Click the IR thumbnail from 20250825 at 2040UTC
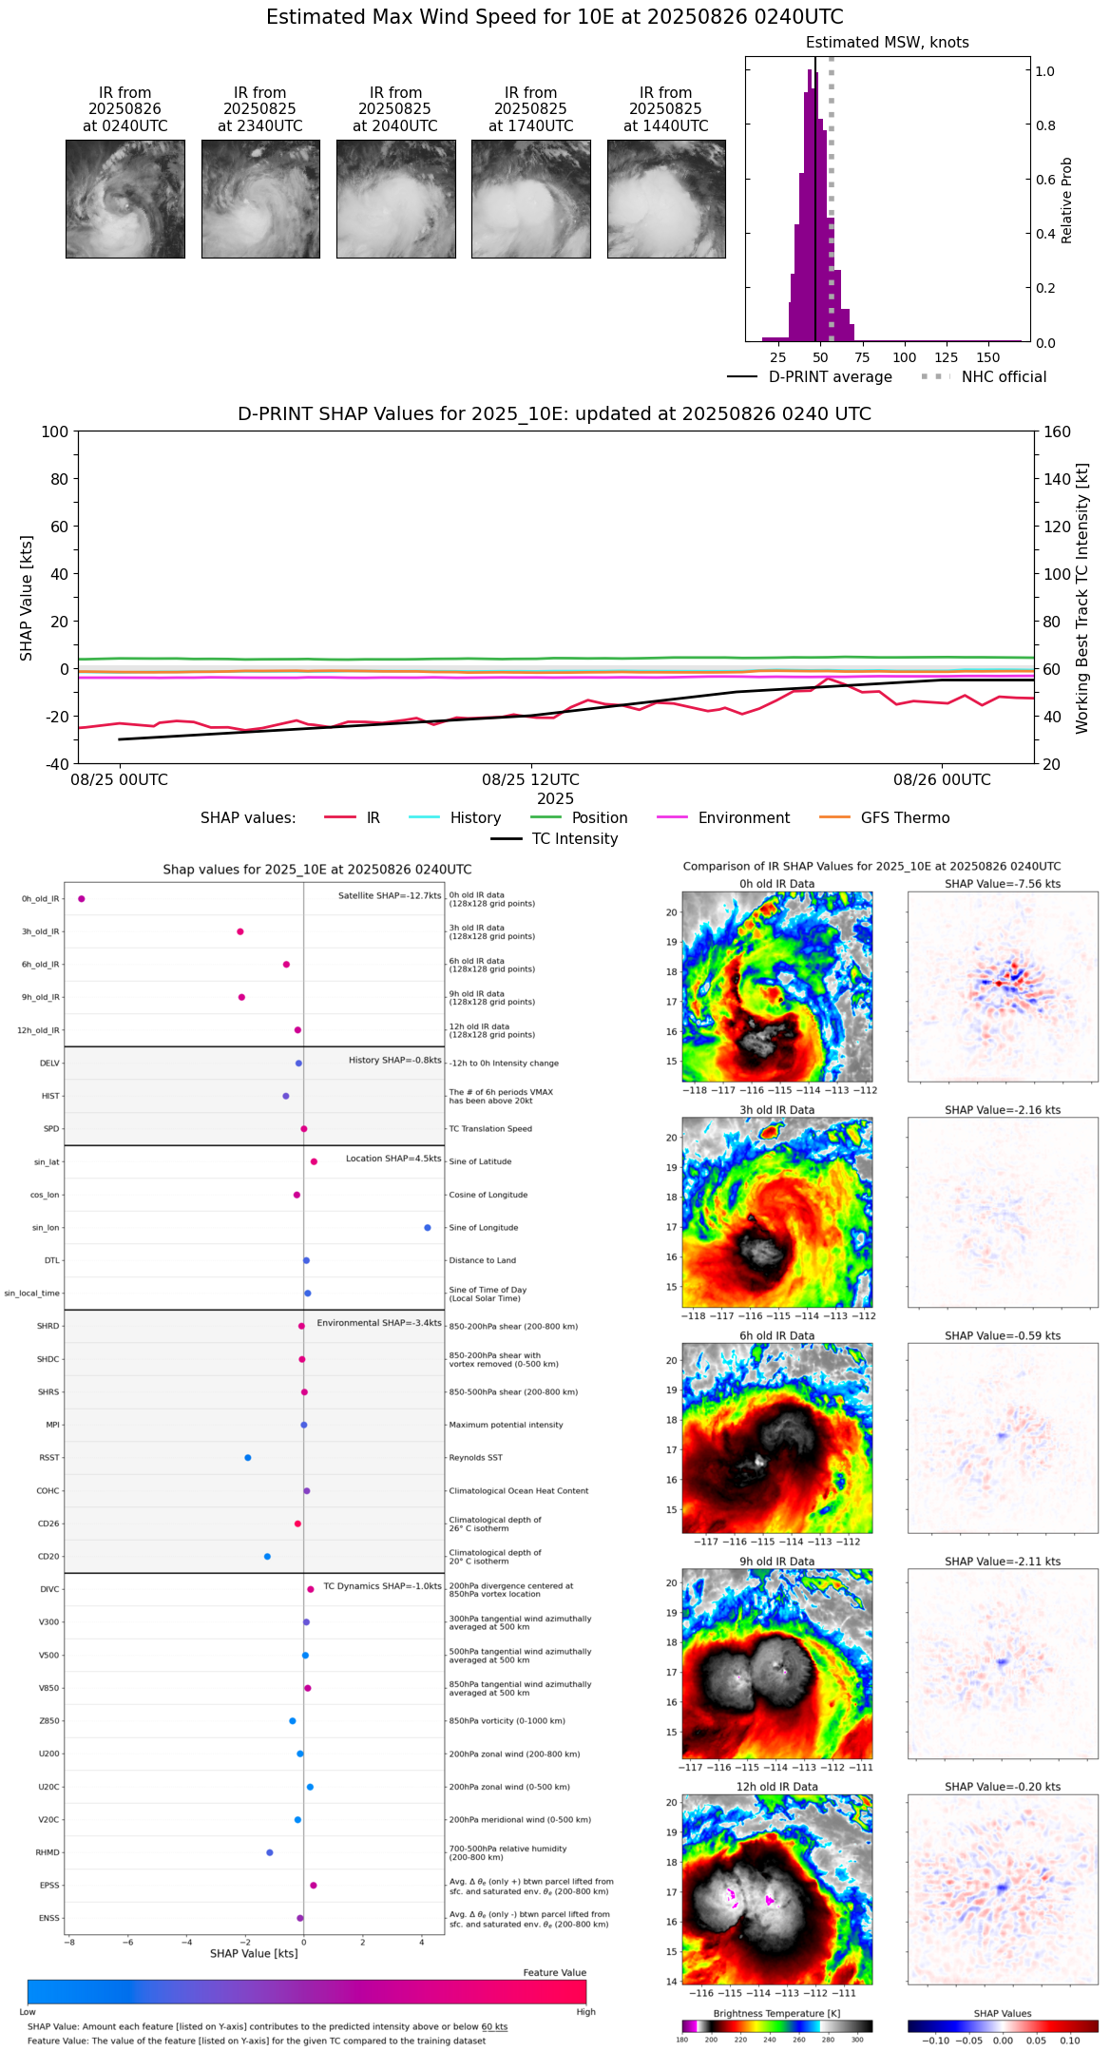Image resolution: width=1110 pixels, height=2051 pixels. click(x=395, y=199)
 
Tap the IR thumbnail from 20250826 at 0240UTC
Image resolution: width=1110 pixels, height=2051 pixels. click(x=124, y=199)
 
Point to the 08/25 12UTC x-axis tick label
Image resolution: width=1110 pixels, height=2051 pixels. click(x=530, y=780)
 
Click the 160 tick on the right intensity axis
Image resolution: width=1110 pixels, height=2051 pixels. click(x=1057, y=431)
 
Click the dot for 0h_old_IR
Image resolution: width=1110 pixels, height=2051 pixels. click(x=82, y=899)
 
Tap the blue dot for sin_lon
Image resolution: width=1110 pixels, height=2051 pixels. click(x=428, y=1228)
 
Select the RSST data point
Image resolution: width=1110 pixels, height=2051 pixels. click(x=248, y=1458)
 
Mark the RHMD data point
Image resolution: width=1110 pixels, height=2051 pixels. click(x=270, y=1852)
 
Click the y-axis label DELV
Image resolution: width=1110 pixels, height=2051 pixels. click(x=49, y=1064)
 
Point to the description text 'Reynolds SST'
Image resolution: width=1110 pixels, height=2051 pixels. click(x=475, y=1458)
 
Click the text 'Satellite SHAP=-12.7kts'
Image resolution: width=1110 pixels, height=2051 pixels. click(x=390, y=896)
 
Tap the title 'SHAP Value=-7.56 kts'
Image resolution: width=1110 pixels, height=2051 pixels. click(x=1003, y=884)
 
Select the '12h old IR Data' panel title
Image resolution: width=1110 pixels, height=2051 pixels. click(x=776, y=1787)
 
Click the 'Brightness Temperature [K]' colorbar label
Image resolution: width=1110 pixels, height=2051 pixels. click(x=776, y=2013)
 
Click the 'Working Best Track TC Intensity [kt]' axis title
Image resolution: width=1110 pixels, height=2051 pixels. click(x=1082, y=599)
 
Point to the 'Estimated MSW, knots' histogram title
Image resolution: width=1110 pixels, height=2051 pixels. click(x=887, y=43)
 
